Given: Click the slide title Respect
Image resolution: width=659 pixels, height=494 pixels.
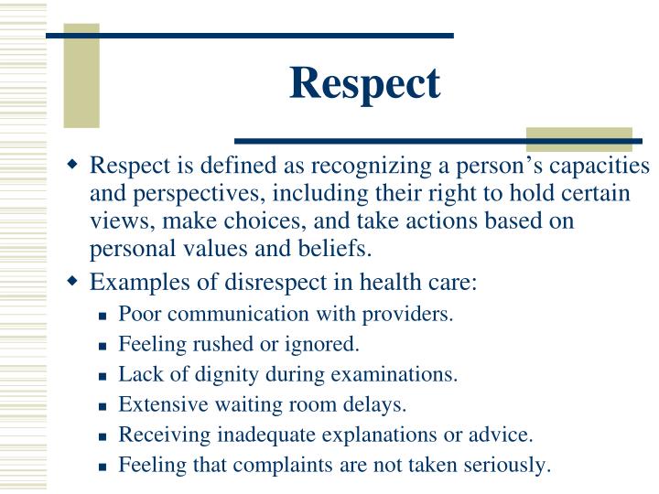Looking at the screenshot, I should point(365,83).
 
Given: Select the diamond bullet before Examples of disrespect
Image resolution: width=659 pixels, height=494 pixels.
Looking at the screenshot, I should point(73,281).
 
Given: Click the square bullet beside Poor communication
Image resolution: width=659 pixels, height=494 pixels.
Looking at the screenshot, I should point(104,316).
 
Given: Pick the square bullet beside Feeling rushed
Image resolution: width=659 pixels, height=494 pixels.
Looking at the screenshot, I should point(104,346).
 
